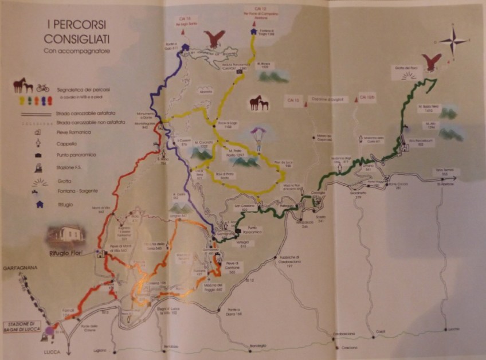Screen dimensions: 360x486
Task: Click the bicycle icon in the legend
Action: click(42, 88)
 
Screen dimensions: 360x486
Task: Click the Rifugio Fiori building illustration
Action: click(66, 234)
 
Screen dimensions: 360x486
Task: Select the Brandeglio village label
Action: click(258, 345)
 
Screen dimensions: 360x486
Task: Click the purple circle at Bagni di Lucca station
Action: click(49, 330)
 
